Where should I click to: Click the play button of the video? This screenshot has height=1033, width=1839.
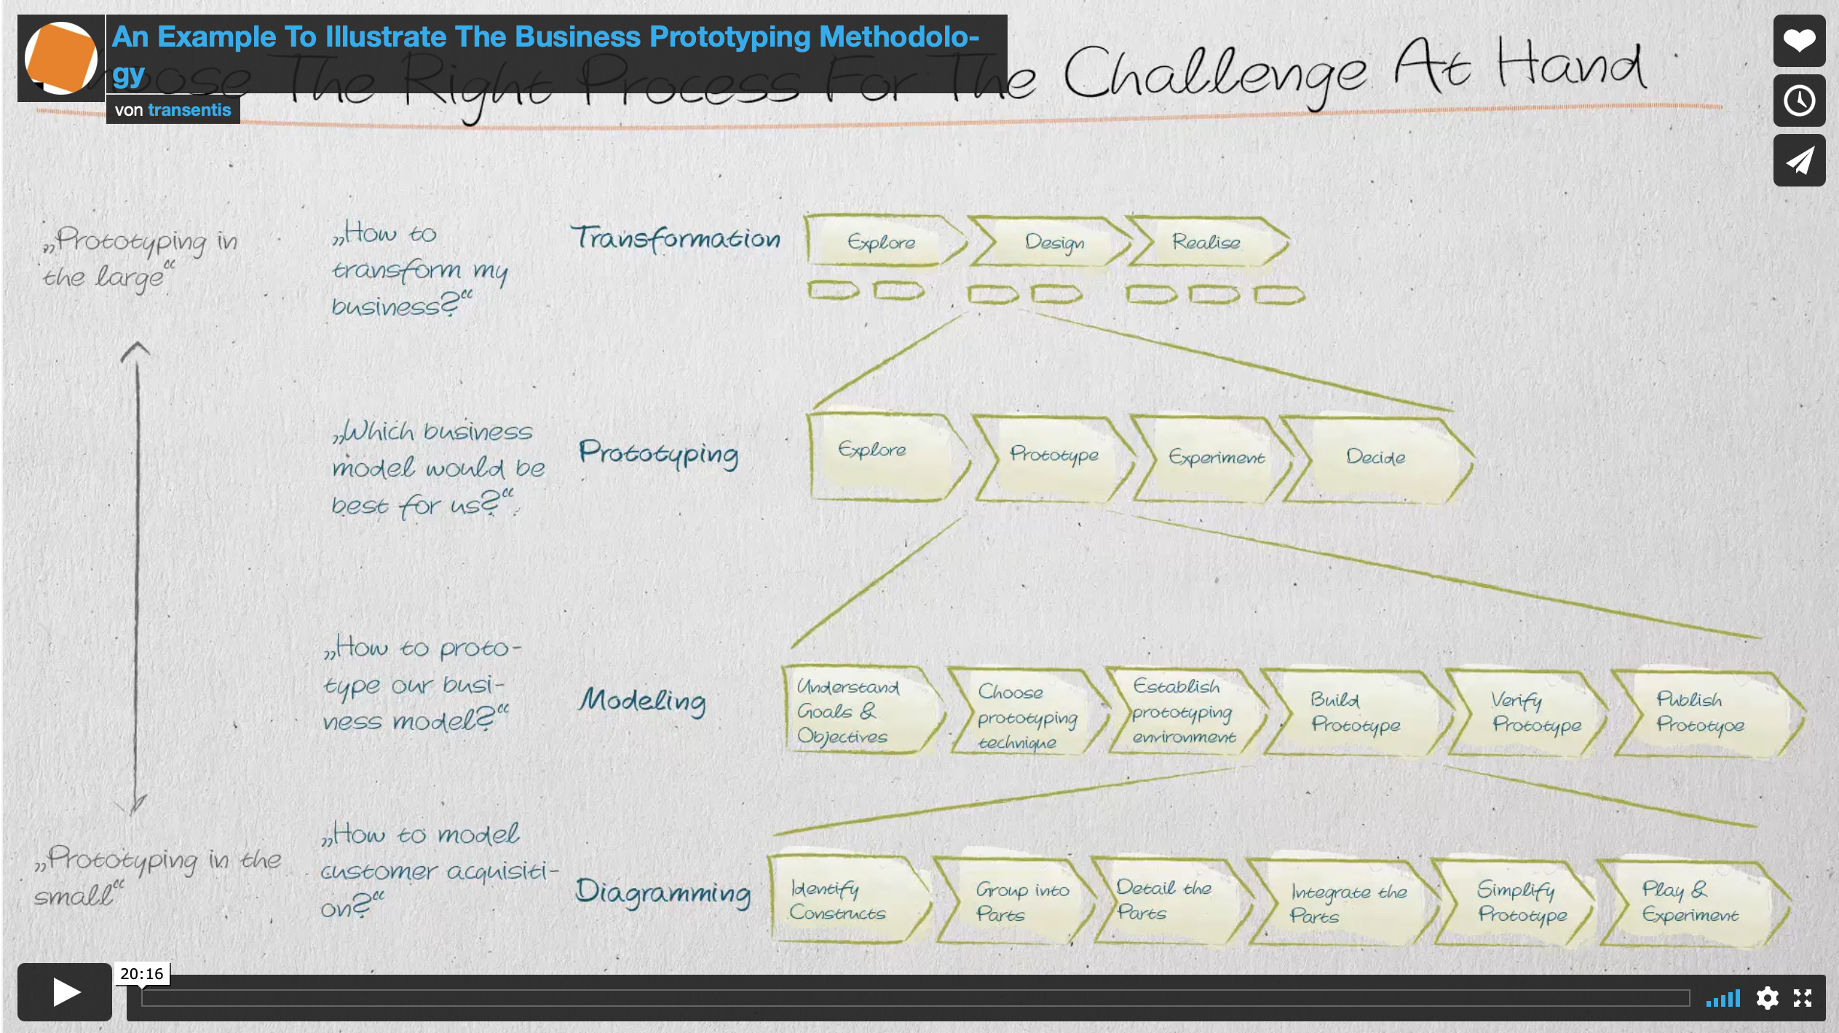coord(65,991)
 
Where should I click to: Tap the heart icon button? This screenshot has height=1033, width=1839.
coord(1798,41)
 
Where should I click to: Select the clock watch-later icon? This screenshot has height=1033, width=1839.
coord(1798,101)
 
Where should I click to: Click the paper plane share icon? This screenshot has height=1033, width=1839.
coord(1798,160)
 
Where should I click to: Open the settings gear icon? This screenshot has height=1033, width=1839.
coord(1767,997)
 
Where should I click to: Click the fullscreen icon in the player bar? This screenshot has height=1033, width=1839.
coord(1803,997)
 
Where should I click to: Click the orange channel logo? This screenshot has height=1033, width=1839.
coord(61,58)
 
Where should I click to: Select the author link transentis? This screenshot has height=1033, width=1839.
coord(189,110)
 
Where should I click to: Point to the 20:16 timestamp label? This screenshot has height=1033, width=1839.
coord(141,974)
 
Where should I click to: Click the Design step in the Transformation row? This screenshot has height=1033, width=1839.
coord(1053,242)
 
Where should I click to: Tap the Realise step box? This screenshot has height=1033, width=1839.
coord(1206,242)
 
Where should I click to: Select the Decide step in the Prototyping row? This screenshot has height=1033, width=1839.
coord(1375,457)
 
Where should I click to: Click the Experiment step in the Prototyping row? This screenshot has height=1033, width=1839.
coord(1215,457)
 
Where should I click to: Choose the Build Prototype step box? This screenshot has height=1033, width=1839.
coord(1354,712)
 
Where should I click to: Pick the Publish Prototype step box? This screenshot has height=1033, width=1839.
coord(1700,712)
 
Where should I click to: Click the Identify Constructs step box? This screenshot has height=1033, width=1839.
coord(837,900)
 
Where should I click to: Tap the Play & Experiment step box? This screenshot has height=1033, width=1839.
coord(1689,902)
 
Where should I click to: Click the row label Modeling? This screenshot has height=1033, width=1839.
coord(642,701)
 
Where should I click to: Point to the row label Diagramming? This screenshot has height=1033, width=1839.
coord(663,892)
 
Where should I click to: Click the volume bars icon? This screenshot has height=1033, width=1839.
coord(1723,997)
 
